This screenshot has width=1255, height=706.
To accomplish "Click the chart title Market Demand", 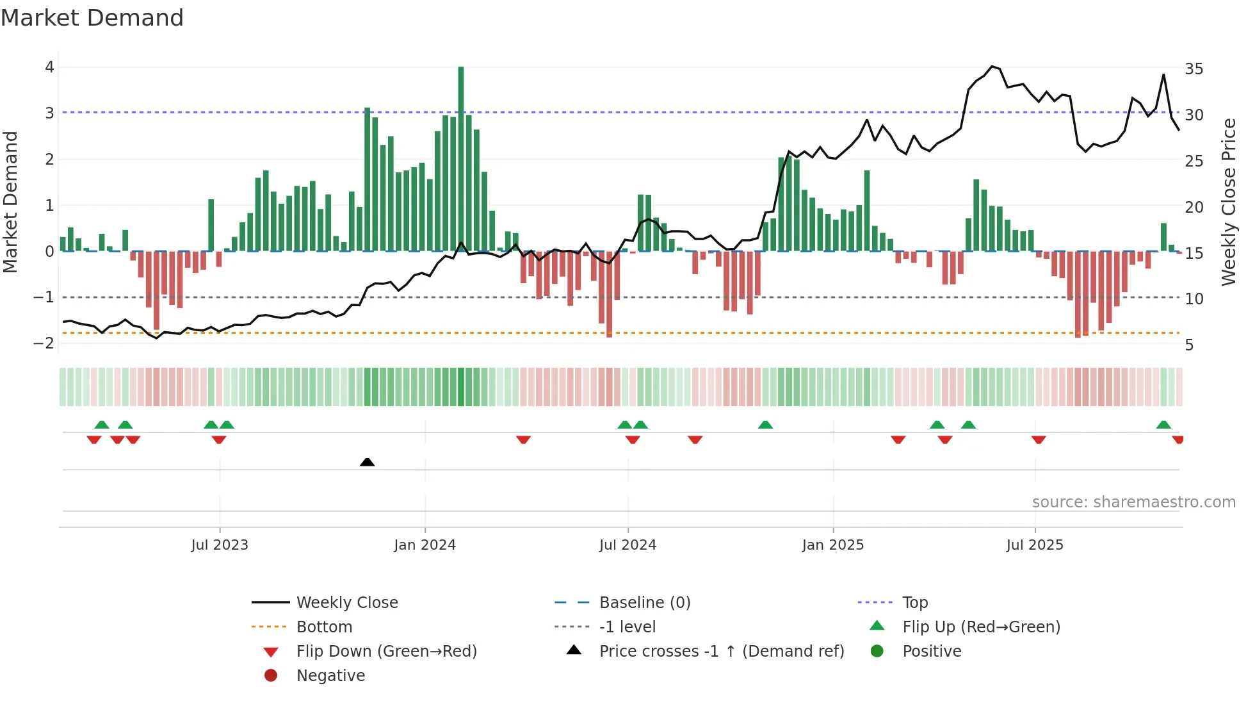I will tap(92, 18).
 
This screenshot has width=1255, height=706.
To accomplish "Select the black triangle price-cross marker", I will tap(367, 462).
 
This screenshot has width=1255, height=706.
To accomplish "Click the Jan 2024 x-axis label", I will tap(425, 545).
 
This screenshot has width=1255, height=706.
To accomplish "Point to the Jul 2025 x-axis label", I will tap(1034, 545).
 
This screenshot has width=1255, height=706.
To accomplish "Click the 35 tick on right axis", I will tap(1194, 69).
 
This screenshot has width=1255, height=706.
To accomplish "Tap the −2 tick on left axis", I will tap(44, 343).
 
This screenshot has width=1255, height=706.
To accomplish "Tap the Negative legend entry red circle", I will tap(271, 676).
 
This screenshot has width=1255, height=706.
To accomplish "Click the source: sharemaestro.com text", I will tap(1133, 502).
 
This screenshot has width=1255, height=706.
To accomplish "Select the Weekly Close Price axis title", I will tap(1228, 202).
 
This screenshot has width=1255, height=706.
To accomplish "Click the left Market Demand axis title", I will tap(10, 202).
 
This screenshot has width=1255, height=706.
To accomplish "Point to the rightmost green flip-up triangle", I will tap(1163, 425).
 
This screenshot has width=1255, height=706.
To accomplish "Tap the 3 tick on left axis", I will tap(49, 113).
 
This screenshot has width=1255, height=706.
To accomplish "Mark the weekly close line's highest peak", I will tap(992, 67).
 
